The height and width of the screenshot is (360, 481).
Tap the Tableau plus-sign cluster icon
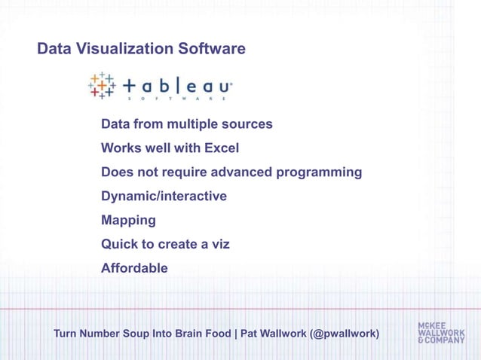[x=102, y=87]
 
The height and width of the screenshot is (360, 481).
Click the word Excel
[x=220, y=148]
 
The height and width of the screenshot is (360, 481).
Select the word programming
[x=320, y=172]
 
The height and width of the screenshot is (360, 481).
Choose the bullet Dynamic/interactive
[x=164, y=197]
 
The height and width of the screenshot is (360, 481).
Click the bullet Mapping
[x=128, y=221]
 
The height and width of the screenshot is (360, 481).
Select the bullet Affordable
[x=134, y=268]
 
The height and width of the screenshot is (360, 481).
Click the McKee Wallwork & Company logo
[x=441, y=333]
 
